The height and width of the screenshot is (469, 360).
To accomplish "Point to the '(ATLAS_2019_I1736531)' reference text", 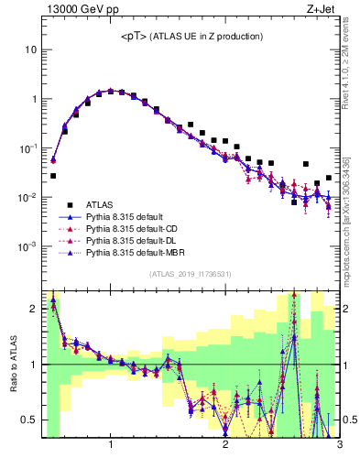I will click(x=190, y=274).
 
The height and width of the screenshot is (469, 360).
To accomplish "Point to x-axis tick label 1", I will click(x=111, y=446).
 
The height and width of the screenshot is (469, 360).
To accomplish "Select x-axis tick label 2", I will click(x=225, y=446).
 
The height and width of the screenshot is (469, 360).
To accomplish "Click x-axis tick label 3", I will click(x=339, y=446).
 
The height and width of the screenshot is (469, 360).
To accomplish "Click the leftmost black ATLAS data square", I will click(x=53, y=175).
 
